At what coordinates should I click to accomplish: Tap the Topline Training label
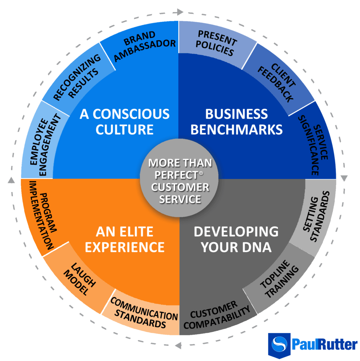click(x=279, y=279)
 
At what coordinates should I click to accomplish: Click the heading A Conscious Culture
click(x=125, y=122)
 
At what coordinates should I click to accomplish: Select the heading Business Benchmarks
click(x=236, y=122)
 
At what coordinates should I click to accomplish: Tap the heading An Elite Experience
click(x=125, y=239)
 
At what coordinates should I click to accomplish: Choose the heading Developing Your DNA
click(x=236, y=239)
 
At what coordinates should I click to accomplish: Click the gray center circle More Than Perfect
click(x=180, y=180)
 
